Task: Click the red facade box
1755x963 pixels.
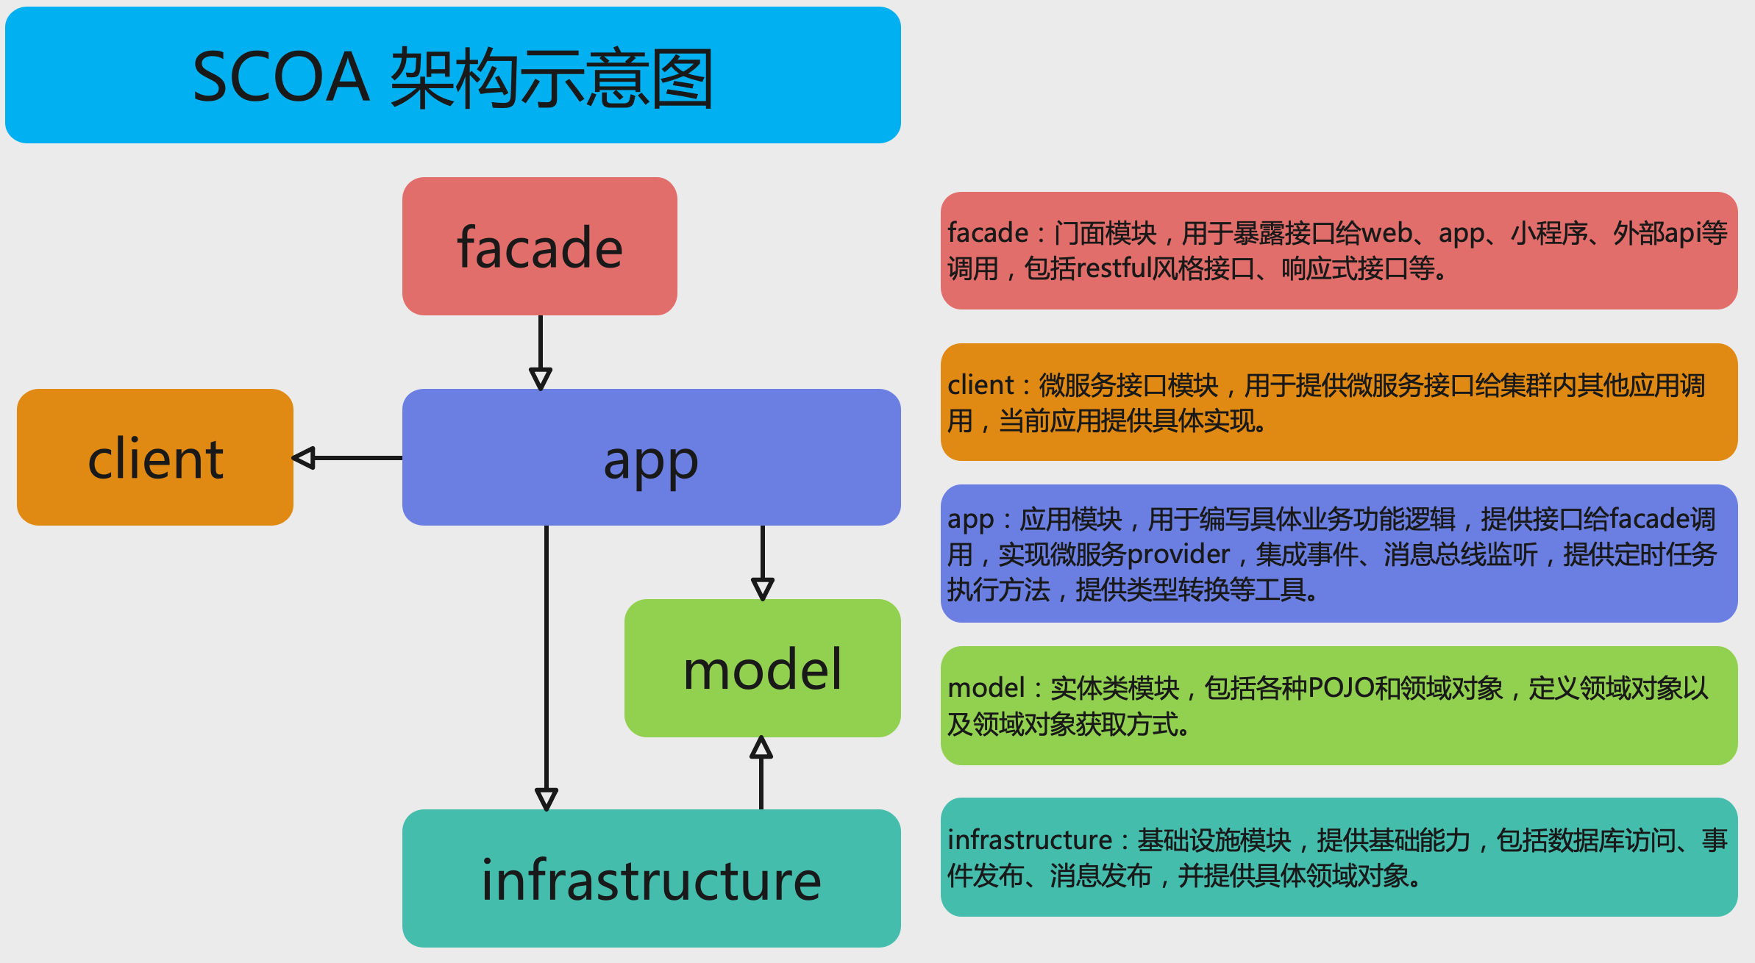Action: [x=539, y=246]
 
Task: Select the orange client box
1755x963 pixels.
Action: [x=155, y=457]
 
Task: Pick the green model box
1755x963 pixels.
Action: [x=762, y=668]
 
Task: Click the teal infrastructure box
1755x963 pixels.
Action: [x=651, y=878]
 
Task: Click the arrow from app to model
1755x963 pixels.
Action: [x=763, y=562]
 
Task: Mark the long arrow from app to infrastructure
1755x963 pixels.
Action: [x=547, y=662]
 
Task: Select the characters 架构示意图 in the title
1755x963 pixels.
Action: [x=552, y=78]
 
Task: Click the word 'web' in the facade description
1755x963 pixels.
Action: [x=1386, y=233]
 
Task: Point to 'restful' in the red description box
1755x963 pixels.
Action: [x=1114, y=268]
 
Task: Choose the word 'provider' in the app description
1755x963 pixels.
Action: [x=1178, y=554]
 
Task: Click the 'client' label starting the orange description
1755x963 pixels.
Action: [x=980, y=385]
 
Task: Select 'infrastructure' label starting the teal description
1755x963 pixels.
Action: [x=1030, y=840]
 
